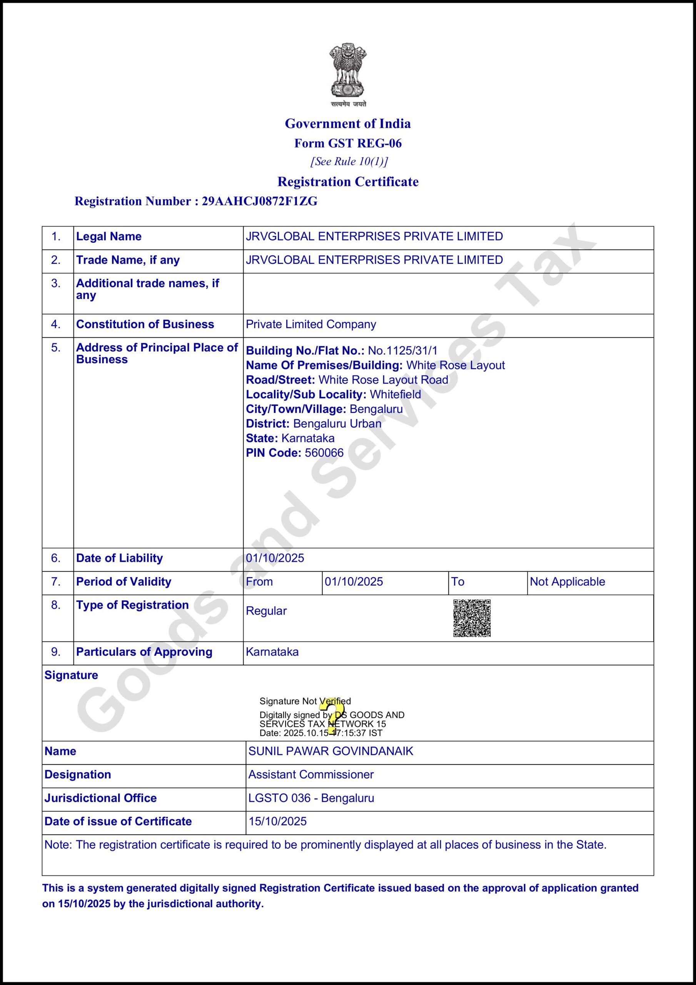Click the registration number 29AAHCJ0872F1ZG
pyautogui.click(x=260, y=201)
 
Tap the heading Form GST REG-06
pyautogui.click(x=348, y=143)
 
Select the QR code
pyautogui.click(x=472, y=618)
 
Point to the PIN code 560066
pyautogui.click(x=324, y=453)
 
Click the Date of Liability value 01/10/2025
pyautogui.click(x=275, y=558)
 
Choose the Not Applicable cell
pyautogui.click(x=567, y=582)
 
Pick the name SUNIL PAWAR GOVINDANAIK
pyautogui.click(x=330, y=751)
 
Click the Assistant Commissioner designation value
pyautogui.click(x=310, y=775)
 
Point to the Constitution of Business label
pyautogui.click(x=145, y=324)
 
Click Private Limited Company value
pyautogui.click(x=310, y=324)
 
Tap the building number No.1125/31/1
pyautogui.click(x=402, y=351)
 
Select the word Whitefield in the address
pyautogui.click(x=395, y=395)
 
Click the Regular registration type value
pyautogui.click(x=266, y=611)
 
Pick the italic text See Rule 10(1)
pyautogui.click(x=349, y=162)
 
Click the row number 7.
pyautogui.click(x=56, y=582)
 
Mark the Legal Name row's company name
pyautogui.click(x=374, y=236)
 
